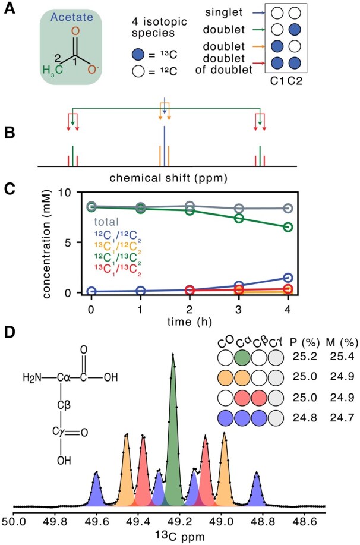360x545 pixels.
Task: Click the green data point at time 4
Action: (x=288, y=227)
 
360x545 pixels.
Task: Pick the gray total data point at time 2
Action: (x=190, y=206)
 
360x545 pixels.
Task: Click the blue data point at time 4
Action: (x=288, y=278)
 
